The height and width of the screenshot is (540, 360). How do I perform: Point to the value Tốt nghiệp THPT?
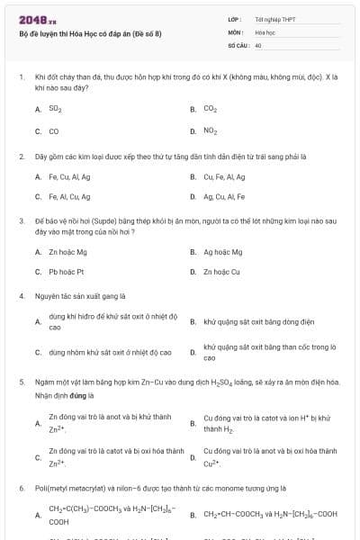tap(275, 19)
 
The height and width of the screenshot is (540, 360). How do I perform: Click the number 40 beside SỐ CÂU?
tap(258, 44)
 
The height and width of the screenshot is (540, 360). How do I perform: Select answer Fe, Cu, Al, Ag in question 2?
tap(69, 176)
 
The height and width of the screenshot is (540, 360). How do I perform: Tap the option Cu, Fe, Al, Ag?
tap(224, 176)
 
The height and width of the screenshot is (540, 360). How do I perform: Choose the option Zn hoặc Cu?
tap(221, 271)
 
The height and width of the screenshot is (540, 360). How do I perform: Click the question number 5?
tap(21, 382)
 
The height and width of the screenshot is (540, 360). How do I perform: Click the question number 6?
tap(21, 488)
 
